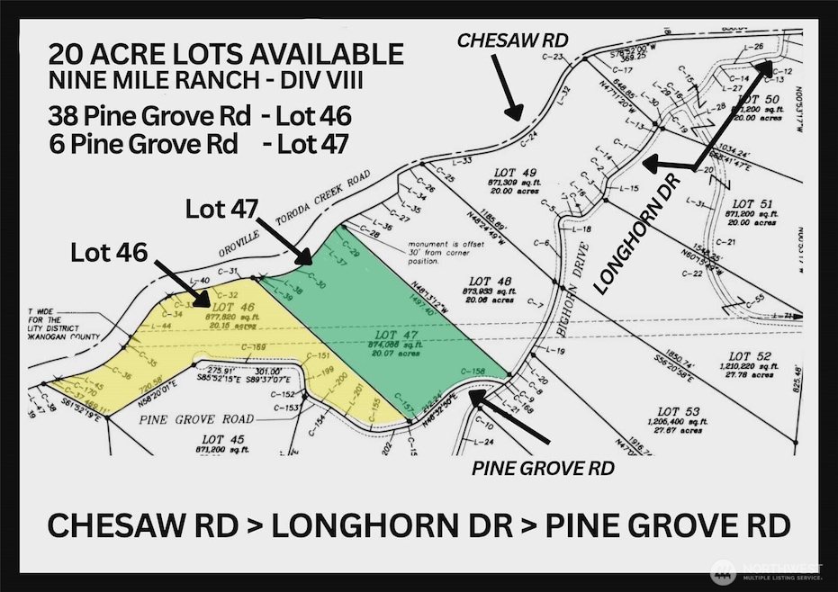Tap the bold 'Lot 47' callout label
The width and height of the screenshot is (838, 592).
[x=220, y=208]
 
